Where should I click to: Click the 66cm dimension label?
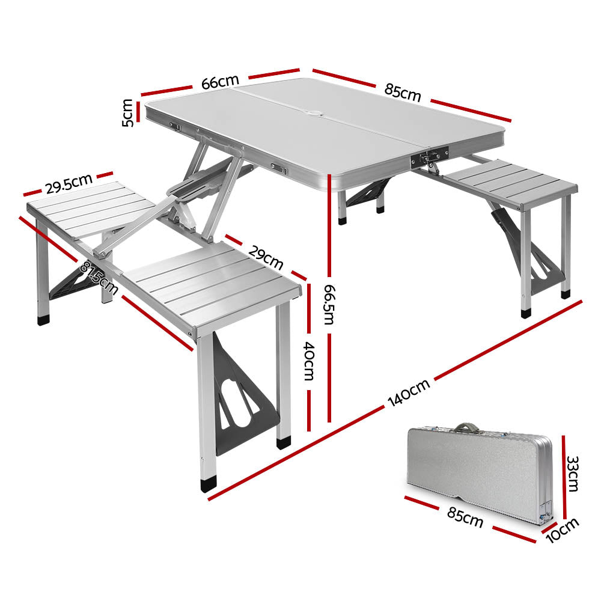[220, 82]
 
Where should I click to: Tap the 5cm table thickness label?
[128, 112]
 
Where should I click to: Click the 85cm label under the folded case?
[465, 516]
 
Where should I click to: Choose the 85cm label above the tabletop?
[403, 93]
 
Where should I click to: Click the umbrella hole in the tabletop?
[315, 113]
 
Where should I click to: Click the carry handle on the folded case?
[463, 428]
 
